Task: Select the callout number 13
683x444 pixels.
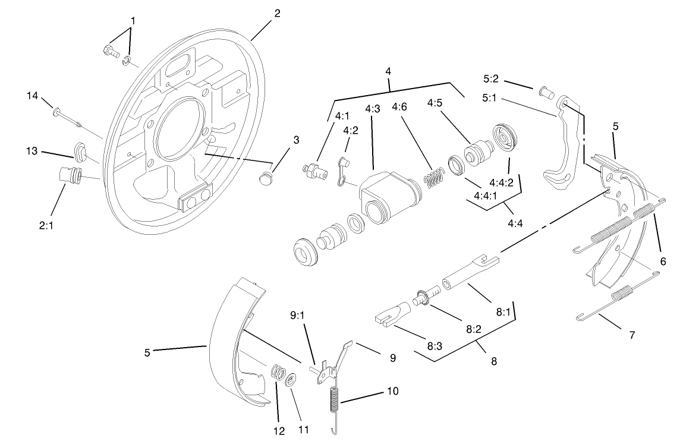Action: tap(32, 152)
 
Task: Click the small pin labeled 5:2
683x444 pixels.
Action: tap(545, 92)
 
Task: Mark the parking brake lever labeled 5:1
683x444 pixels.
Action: tap(560, 149)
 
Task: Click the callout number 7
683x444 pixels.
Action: tap(631, 335)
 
